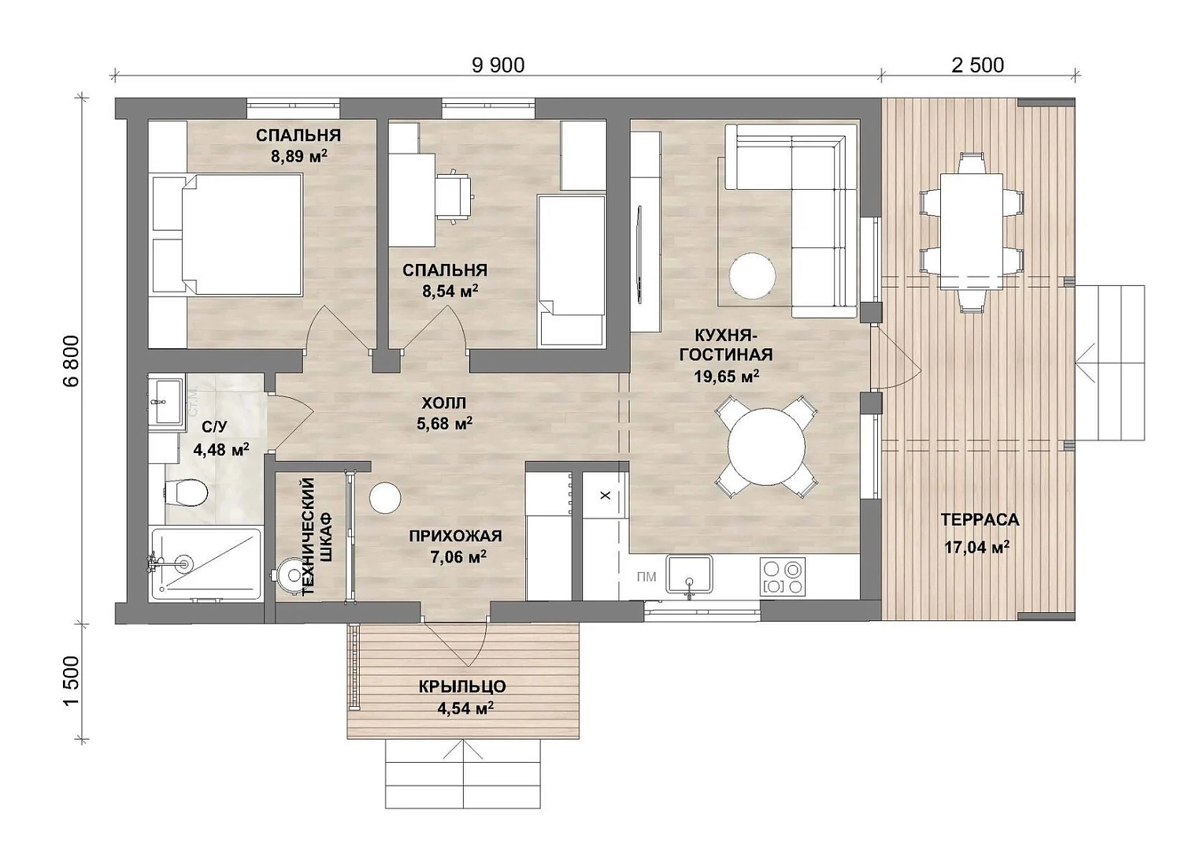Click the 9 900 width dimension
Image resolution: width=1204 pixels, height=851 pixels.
pyautogui.click(x=498, y=65)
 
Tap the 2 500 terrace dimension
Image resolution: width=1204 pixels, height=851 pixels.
pyautogui.click(x=977, y=65)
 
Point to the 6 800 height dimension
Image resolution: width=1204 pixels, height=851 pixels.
pyautogui.click(x=71, y=360)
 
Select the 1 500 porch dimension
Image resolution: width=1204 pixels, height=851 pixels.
pyautogui.click(x=71, y=681)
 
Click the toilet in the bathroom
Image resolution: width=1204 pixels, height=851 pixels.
pyautogui.click(x=185, y=492)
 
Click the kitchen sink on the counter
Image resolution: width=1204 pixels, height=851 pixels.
pyautogui.click(x=690, y=574)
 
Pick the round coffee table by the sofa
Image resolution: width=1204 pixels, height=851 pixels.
pyautogui.click(x=752, y=276)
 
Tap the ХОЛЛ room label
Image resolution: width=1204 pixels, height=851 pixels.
pyautogui.click(x=444, y=403)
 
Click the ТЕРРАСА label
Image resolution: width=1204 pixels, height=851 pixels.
pyautogui.click(x=980, y=519)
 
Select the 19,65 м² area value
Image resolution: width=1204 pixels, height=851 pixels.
pyautogui.click(x=726, y=376)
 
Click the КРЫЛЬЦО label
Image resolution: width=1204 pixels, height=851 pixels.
pyautogui.click(x=462, y=687)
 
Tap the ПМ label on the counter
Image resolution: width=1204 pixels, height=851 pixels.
pyautogui.click(x=646, y=578)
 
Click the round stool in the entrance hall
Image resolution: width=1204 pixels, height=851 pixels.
pyautogui.click(x=385, y=497)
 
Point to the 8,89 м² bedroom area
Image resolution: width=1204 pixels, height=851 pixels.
pyautogui.click(x=299, y=156)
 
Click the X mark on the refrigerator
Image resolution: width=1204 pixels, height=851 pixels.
pyautogui.click(x=606, y=495)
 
